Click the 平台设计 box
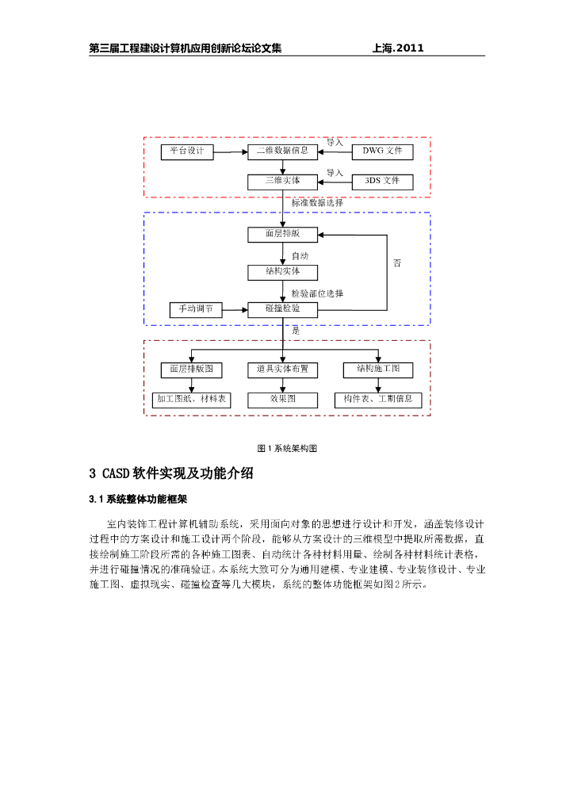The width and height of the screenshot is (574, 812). (x=187, y=151)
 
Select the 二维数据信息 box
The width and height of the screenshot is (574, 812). (x=282, y=151)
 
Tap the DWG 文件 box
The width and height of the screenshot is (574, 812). (x=382, y=151)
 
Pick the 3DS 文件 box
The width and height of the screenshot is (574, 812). (x=382, y=182)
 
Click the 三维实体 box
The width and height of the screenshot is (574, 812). (x=282, y=182)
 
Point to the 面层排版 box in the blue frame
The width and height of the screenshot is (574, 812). (x=282, y=234)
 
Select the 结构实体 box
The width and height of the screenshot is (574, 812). (x=282, y=272)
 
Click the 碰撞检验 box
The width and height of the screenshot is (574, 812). (x=282, y=309)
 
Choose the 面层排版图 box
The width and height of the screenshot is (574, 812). (x=191, y=370)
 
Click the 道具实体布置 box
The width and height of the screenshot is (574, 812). (x=282, y=370)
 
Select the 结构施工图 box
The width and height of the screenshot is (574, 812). (x=378, y=370)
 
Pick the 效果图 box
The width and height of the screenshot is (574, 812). (x=282, y=400)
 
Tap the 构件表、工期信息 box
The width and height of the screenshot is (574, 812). (x=378, y=400)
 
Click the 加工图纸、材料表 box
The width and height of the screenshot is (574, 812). (x=191, y=400)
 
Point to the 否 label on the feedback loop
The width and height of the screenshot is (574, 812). (x=397, y=263)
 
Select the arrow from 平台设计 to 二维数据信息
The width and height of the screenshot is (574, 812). (x=231, y=151)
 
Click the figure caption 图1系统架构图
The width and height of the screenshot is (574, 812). (x=287, y=448)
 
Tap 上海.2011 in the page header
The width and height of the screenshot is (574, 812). (x=398, y=48)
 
